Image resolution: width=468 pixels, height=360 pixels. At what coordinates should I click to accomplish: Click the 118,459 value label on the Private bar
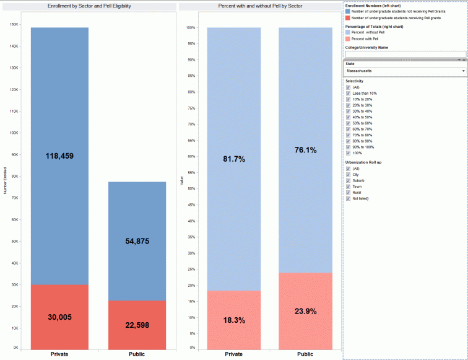[59, 156]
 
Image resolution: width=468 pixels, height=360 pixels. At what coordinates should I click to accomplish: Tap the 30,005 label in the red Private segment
[59, 317]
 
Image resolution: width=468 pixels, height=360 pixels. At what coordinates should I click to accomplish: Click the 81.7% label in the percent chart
[234, 159]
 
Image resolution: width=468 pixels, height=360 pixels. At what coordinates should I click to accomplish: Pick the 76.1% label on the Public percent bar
[305, 150]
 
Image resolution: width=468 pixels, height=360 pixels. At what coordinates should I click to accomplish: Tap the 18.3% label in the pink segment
[234, 320]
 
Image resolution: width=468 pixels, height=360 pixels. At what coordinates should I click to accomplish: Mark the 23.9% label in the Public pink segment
[305, 312]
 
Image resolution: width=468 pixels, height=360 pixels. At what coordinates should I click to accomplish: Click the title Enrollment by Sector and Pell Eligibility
[89, 6]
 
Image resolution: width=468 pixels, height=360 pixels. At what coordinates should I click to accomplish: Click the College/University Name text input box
[405, 54]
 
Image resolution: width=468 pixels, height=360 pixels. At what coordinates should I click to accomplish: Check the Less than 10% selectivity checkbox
[349, 93]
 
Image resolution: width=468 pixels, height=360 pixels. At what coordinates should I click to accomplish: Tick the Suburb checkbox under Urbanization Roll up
[349, 180]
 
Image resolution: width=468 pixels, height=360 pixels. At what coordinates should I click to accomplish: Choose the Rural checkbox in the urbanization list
[349, 192]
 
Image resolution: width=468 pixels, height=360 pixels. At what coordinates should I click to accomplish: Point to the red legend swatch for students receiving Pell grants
[348, 18]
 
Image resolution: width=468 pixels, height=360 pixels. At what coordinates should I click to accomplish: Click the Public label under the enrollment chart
[137, 354]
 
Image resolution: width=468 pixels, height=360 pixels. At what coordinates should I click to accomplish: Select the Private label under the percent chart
[234, 354]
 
